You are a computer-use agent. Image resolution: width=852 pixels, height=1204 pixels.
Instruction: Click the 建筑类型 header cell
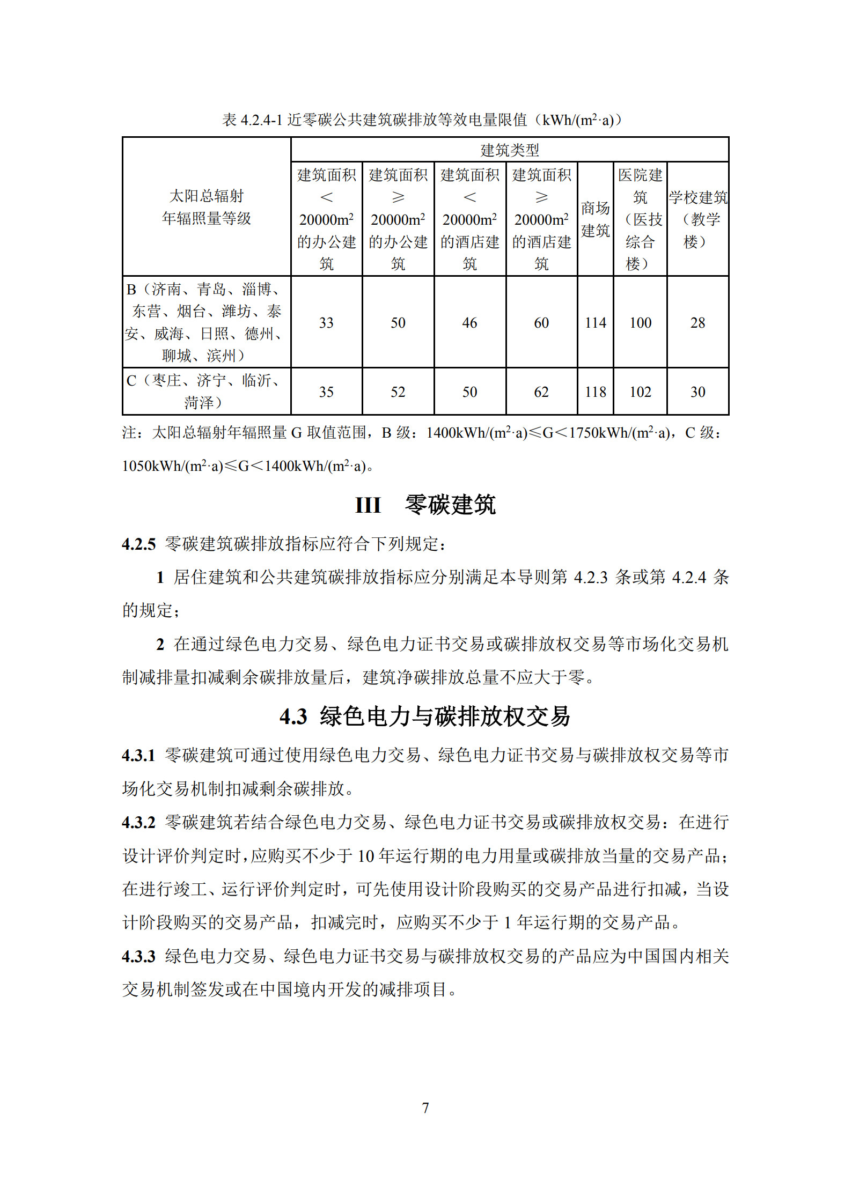coord(509,150)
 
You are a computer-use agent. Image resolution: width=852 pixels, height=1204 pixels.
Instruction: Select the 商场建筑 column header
coord(595,219)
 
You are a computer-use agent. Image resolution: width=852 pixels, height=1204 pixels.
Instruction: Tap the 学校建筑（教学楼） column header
coord(697,219)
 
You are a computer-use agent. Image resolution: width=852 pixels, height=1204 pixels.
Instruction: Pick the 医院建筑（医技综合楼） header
coord(640,219)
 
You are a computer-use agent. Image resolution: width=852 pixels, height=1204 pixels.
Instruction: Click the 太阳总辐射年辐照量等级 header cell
coord(207,207)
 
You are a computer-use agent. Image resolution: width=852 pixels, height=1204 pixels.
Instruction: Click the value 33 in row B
coord(326,323)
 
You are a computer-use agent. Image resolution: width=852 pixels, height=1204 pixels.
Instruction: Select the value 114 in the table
coord(595,323)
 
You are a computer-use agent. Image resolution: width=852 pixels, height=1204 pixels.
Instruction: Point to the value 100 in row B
coord(640,323)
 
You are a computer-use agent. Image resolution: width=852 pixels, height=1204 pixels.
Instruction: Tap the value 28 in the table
coord(697,323)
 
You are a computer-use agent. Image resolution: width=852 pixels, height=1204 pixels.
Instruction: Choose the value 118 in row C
coord(595,392)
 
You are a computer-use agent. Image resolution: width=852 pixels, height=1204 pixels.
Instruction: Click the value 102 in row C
coord(640,392)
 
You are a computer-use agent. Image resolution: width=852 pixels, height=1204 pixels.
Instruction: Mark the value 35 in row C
coord(326,392)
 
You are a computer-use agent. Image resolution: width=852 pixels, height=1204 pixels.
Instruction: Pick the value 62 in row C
coord(541,392)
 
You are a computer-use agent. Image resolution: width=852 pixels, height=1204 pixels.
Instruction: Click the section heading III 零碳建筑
coord(425,505)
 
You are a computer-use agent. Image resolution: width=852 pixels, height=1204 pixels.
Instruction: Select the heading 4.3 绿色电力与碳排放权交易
coord(425,717)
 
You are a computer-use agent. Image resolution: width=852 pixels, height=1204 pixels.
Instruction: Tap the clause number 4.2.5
coord(138,544)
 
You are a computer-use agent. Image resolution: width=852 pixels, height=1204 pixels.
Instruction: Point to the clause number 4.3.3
coord(138,956)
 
